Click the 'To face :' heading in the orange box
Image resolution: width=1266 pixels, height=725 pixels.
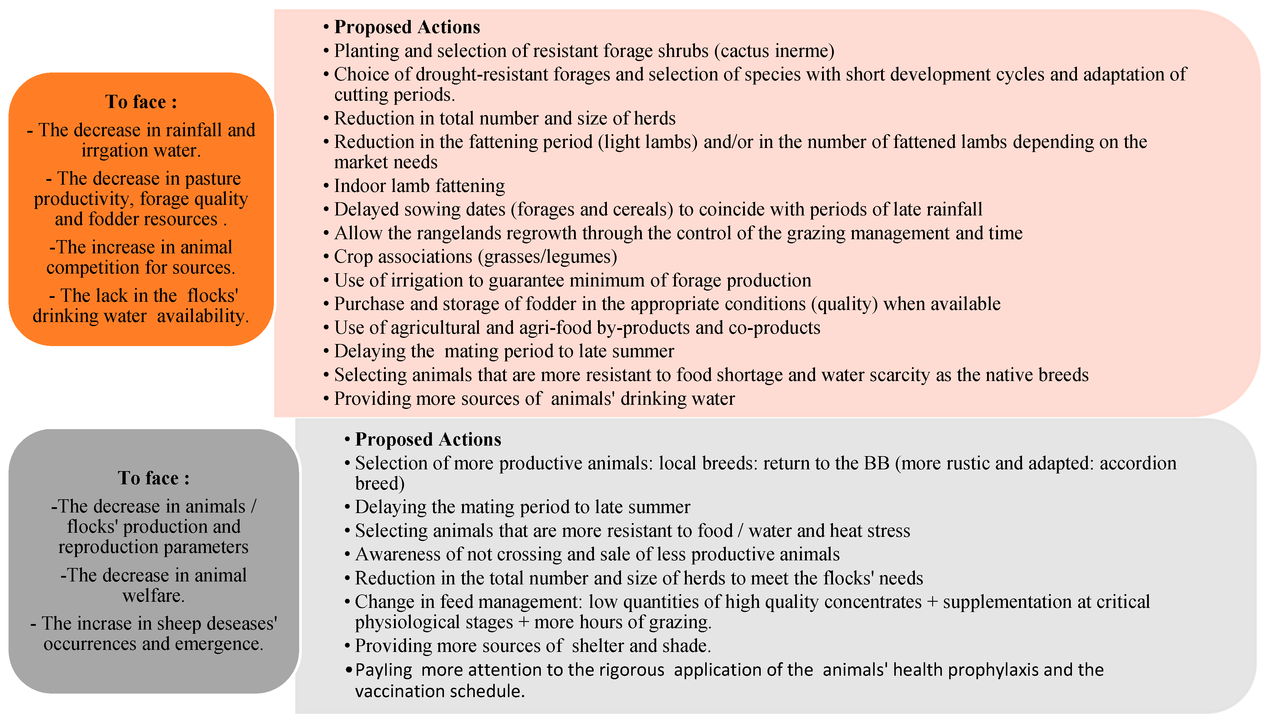click(x=141, y=102)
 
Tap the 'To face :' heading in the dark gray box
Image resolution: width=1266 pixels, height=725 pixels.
click(x=153, y=478)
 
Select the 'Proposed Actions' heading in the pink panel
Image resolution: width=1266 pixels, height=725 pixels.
click(x=407, y=27)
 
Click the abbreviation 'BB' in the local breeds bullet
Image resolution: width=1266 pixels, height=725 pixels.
click(x=876, y=463)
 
